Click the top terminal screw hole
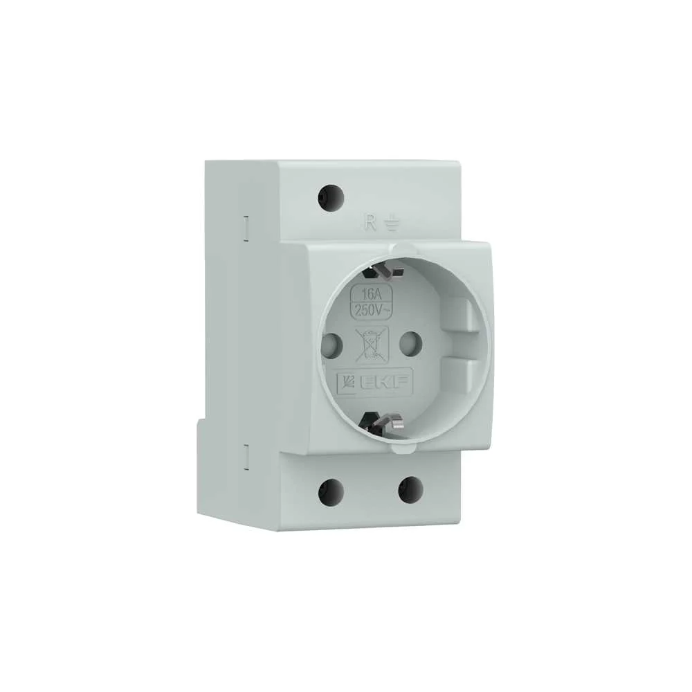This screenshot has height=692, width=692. tap(331, 198)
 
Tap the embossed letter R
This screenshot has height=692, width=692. tap(370, 222)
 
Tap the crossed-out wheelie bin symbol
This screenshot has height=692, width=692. tap(372, 345)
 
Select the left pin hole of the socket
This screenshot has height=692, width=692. tap(333, 344)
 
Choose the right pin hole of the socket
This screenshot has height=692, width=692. tap(409, 343)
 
